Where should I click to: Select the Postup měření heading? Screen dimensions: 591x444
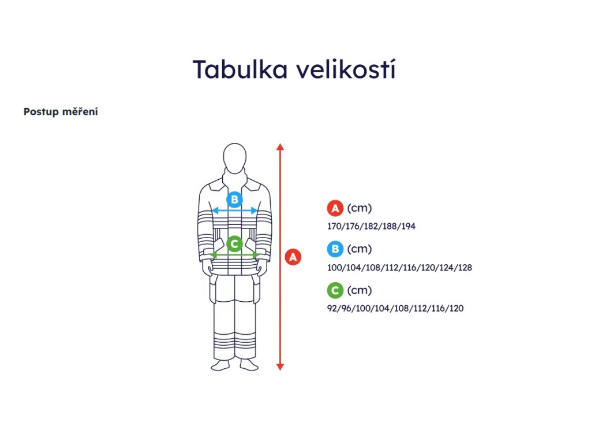(61, 112)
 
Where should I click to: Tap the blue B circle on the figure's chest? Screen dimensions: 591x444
(234, 200)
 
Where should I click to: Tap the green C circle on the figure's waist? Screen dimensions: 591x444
(234, 244)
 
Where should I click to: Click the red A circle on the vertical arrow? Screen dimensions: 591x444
(293, 257)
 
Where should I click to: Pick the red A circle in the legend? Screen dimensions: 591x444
(335, 208)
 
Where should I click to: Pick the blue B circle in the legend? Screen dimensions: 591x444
(335, 249)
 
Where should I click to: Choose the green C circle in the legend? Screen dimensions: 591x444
(335, 290)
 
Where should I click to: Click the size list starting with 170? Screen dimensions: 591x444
(371, 226)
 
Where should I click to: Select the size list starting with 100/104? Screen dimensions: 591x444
(399, 268)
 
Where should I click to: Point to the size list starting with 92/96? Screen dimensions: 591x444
(395, 309)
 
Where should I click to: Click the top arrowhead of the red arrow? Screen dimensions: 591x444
(280, 146)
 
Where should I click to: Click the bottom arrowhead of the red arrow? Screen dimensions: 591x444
(280, 366)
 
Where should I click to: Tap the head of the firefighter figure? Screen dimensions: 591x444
(234, 157)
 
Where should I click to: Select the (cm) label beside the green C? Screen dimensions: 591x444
(360, 290)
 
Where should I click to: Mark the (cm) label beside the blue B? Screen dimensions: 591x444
(360, 249)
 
